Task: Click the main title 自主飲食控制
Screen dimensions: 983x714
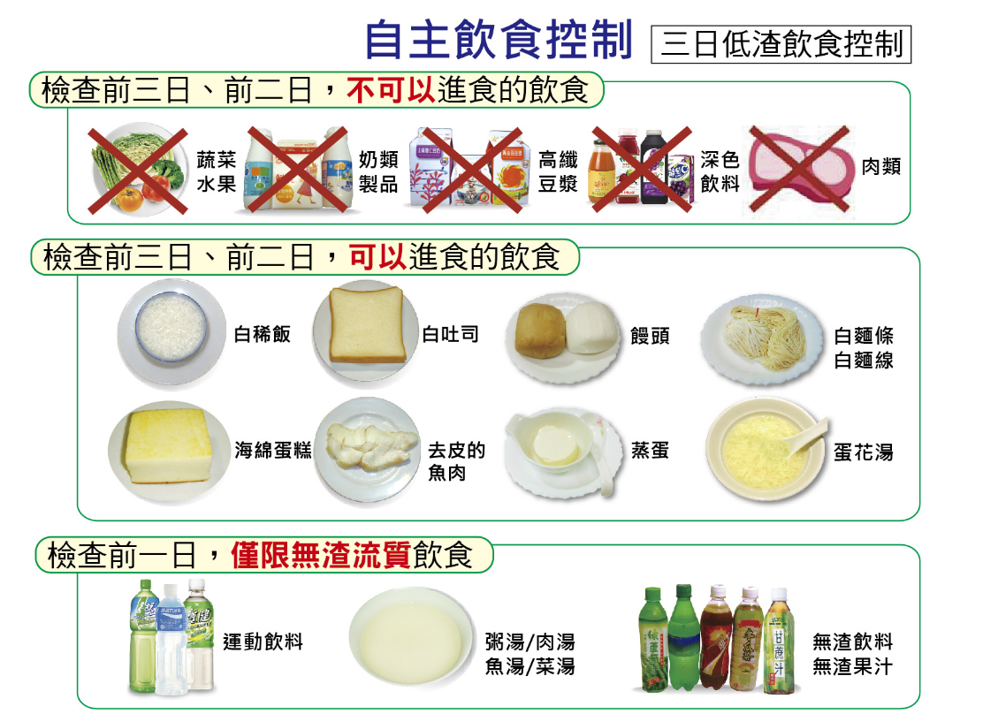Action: [499, 40]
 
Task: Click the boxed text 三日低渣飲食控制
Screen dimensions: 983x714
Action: [781, 44]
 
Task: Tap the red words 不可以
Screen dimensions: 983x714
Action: [392, 90]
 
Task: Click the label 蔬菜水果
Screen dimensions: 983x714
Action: [217, 171]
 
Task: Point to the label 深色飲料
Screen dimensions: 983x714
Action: [720, 171]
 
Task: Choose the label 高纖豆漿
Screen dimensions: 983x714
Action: [558, 171]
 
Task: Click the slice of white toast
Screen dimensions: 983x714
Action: [366, 324]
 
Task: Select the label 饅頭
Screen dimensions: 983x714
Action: [650, 336]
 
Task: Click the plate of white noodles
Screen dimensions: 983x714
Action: [762, 338]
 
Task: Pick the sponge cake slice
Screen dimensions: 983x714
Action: [169, 445]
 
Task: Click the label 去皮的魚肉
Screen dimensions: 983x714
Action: [456, 461]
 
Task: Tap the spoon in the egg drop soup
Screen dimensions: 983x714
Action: [808, 437]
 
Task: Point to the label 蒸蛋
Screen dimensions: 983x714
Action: [650, 451]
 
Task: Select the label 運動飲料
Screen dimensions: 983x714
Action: [263, 642]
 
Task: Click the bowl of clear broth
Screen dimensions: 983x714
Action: [411, 637]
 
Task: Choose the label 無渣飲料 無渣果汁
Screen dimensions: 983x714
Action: [852, 654]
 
